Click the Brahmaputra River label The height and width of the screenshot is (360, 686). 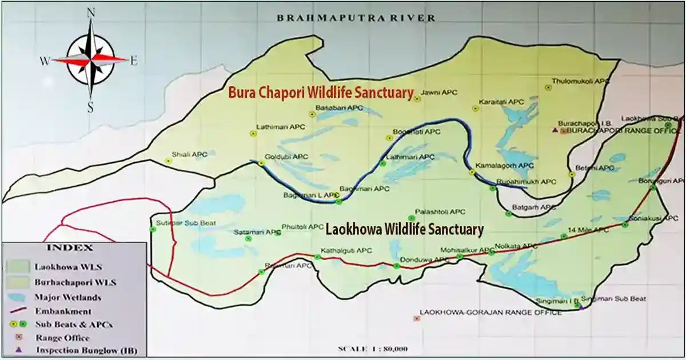(356, 18)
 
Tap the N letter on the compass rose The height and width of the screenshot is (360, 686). (90, 12)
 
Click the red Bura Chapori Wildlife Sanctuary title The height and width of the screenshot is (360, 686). (321, 92)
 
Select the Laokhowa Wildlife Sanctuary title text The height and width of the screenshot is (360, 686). (404, 230)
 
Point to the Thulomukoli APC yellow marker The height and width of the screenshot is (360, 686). (548, 87)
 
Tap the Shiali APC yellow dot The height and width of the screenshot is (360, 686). (168, 161)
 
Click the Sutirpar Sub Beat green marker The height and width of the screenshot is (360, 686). (153, 230)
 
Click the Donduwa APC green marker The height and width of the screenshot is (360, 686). (397, 266)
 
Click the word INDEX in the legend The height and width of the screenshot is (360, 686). (76, 249)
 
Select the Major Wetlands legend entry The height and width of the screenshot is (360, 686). (67, 297)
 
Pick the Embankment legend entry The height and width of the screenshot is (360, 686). (62, 311)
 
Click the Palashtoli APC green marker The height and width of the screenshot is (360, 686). (411, 218)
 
